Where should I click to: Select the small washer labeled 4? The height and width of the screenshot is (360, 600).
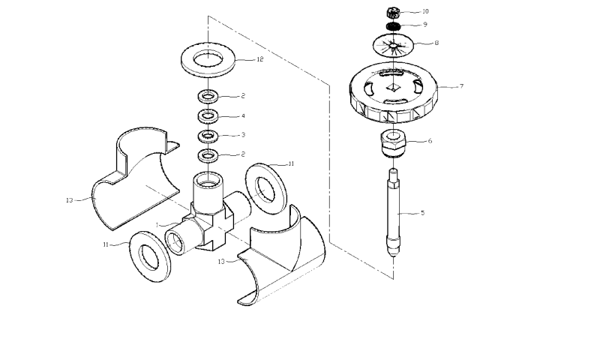(206, 116)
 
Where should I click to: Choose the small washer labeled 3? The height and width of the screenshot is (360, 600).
(206, 136)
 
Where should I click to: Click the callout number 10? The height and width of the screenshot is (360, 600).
(425, 11)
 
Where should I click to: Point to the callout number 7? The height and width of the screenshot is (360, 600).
(461, 86)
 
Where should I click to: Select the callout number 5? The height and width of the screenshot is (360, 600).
(422, 213)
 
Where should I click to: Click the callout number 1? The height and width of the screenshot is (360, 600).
(157, 224)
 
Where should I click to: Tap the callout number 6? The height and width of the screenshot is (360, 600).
(430, 141)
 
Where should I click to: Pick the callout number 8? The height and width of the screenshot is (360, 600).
(436, 43)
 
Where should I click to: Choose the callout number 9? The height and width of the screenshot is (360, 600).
(424, 25)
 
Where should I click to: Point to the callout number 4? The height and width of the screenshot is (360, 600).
(242, 116)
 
